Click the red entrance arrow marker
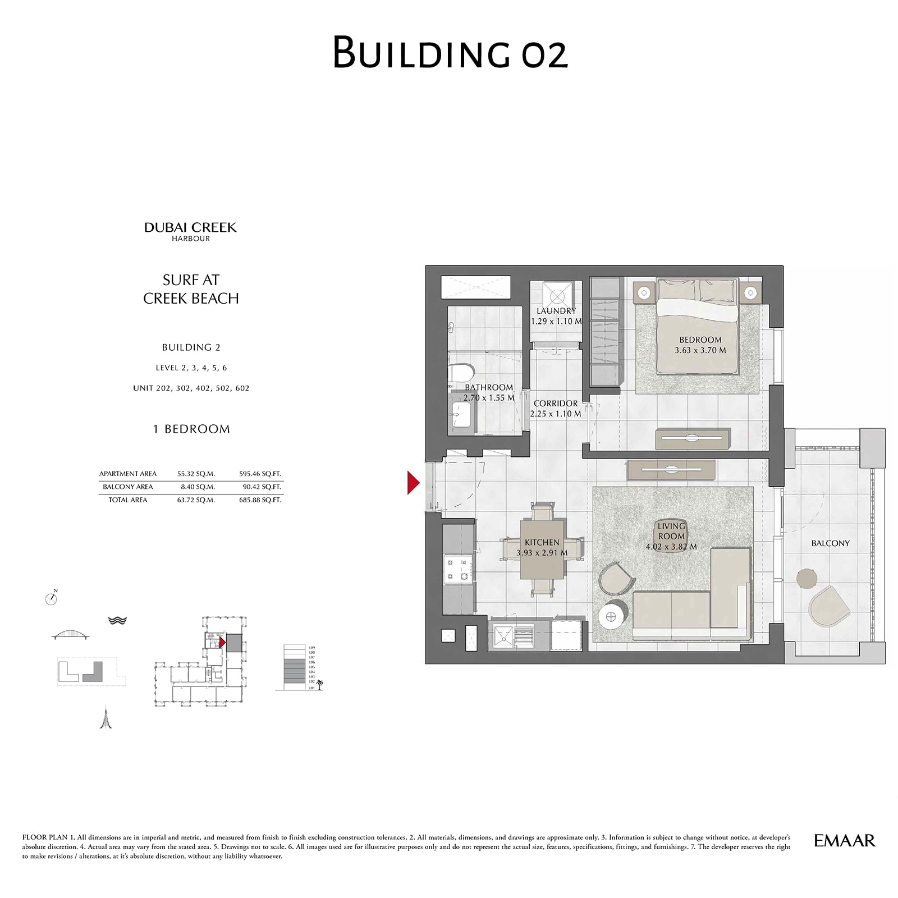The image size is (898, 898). coord(414,483)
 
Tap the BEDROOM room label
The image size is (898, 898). coord(700,340)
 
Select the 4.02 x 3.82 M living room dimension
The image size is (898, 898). coord(671,546)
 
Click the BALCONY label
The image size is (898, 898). coord(830,543)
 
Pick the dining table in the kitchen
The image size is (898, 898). coord(542,549)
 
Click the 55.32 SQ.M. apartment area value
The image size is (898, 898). coord(196,474)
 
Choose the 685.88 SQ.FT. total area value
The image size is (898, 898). coord(260,500)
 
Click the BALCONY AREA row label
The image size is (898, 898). coord(128,487)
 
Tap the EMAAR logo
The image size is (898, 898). coord(844,840)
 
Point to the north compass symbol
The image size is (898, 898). coord(51,599)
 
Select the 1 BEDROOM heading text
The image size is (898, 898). coord(191,429)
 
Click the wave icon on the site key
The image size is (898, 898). coord(117,620)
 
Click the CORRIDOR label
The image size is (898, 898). coord(556,404)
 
